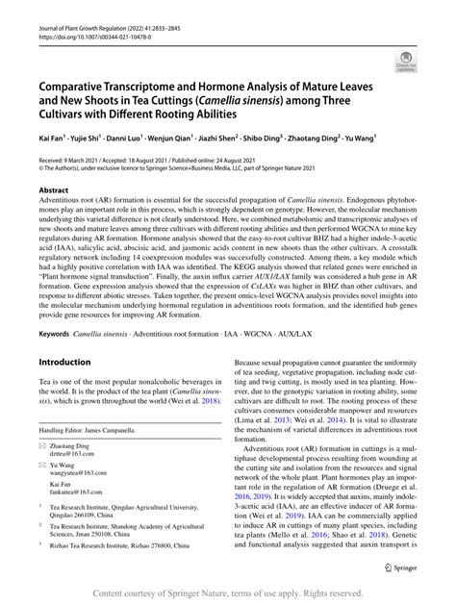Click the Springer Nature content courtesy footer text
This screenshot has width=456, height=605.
[228, 592]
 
